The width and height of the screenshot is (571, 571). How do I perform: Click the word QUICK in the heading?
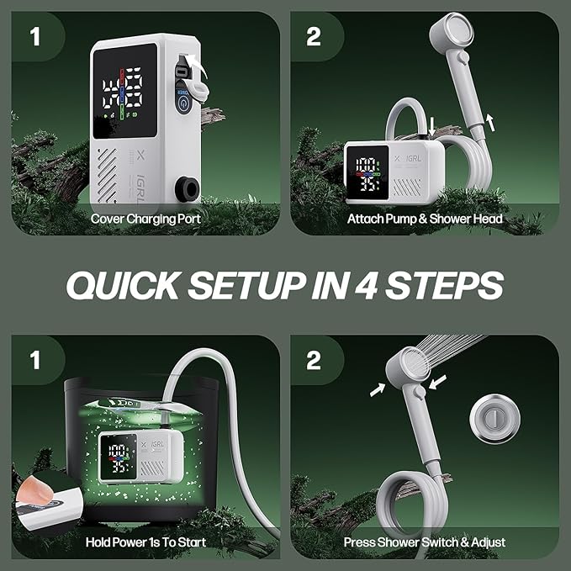tap(123, 286)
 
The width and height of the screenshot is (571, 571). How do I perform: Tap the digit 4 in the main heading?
tap(366, 286)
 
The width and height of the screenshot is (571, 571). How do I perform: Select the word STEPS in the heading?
tap(445, 286)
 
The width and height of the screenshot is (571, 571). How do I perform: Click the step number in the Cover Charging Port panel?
tap(35, 37)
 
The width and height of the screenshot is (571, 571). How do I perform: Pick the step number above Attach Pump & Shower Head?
tap(314, 37)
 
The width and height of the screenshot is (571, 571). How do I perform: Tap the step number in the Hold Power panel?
tap(35, 360)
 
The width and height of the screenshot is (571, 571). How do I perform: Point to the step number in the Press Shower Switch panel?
tap(314, 360)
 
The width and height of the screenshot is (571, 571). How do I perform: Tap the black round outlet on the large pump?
tap(188, 189)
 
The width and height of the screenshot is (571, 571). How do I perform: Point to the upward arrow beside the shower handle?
tap(490, 122)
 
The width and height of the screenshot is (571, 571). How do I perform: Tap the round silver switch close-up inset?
tap(494, 419)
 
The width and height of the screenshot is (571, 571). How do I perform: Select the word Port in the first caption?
tap(188, 219)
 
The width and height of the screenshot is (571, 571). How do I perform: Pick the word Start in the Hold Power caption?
tap(192, 542)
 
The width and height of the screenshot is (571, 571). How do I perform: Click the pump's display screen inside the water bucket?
tap(119, 457)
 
